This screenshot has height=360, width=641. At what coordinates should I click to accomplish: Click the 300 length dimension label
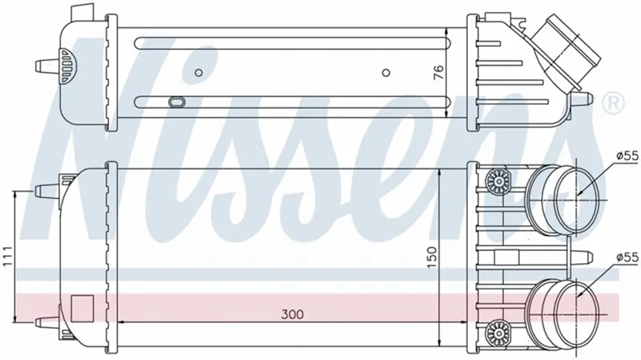point(292,314)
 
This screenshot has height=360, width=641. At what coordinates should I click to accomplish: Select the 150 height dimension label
point(432,257)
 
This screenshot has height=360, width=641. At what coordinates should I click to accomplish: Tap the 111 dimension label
point(7,257)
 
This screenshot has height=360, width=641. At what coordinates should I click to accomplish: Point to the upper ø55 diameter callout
point(627,156)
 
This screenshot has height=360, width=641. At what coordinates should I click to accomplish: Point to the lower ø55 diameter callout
point(627,257)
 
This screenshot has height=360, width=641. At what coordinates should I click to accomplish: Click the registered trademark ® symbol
point(614,103)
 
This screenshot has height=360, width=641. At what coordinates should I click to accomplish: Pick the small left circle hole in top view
point(199,73)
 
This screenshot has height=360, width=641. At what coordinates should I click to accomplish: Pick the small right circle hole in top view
point(386,73)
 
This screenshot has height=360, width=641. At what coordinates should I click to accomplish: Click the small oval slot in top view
point(176,102)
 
